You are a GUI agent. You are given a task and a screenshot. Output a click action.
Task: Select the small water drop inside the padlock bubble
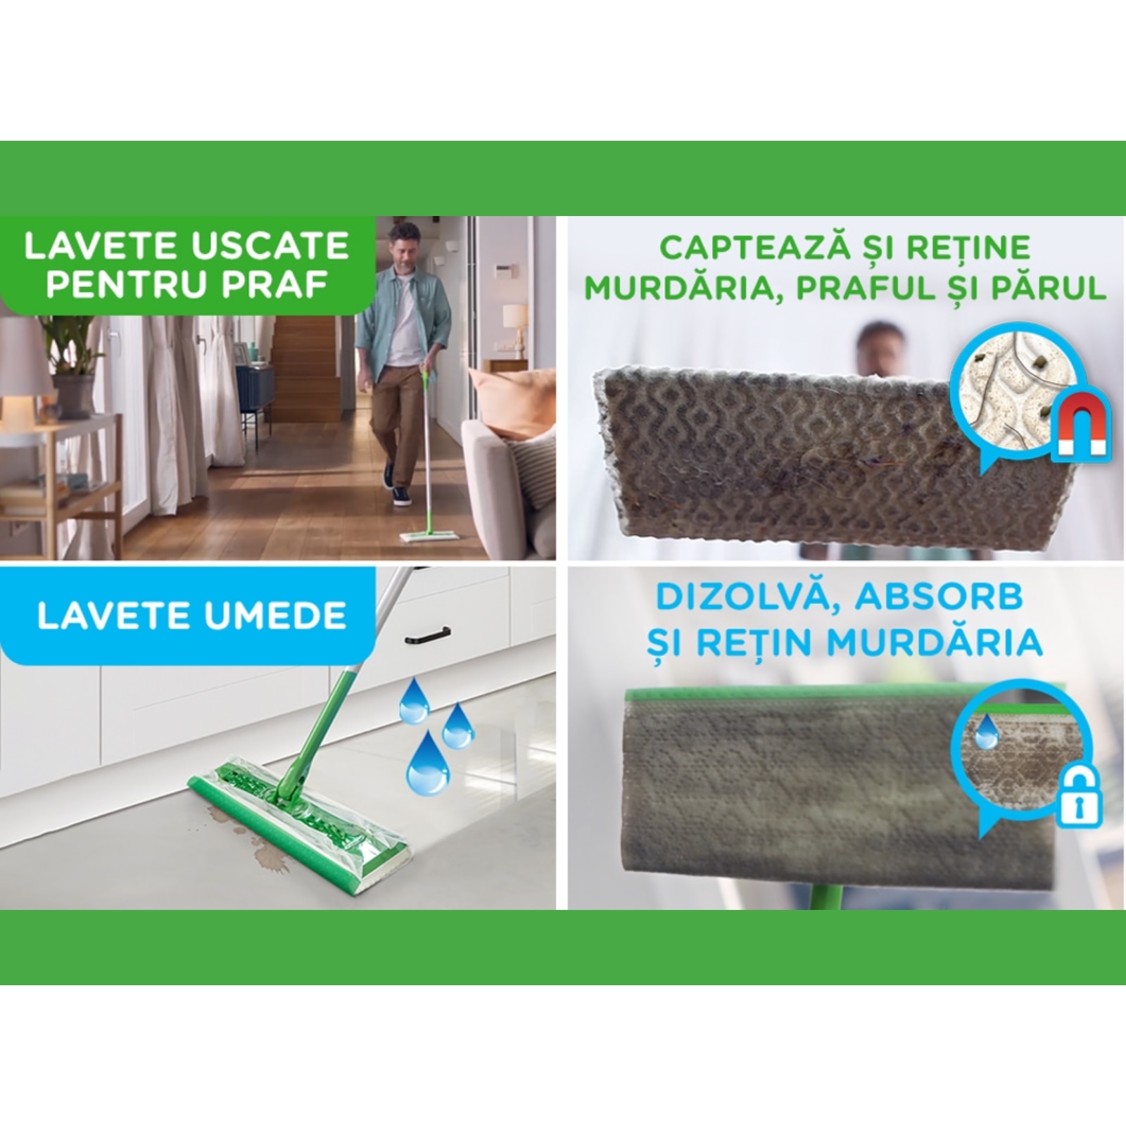[987, 732]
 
